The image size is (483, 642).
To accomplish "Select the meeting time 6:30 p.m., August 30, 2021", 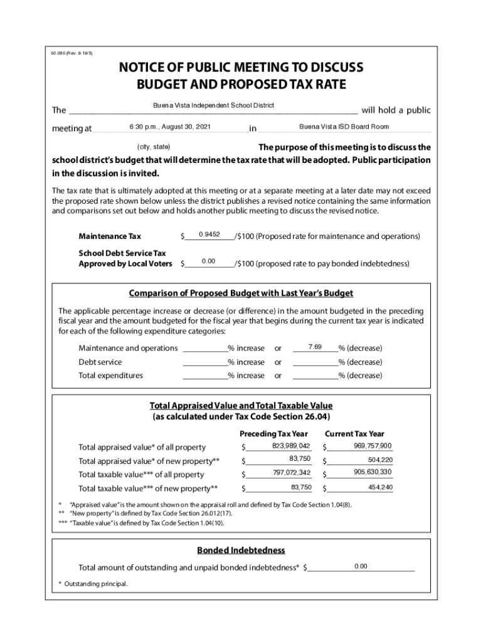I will (170, 127).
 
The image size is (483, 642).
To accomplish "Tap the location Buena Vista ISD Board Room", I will (344, 127).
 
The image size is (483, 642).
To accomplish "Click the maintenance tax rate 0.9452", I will (208, 234).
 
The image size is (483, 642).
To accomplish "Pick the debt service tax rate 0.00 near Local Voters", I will (208, 261).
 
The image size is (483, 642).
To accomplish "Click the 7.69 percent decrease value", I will (315, 346).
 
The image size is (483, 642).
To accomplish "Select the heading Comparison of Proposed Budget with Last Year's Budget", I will (241, 293).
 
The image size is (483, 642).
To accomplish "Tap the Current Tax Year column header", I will (354, 434).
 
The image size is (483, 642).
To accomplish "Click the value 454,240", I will (380, 487).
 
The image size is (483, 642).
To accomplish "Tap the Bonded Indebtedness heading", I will (241, 550).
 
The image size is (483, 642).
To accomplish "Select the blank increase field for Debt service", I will (204, 362).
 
